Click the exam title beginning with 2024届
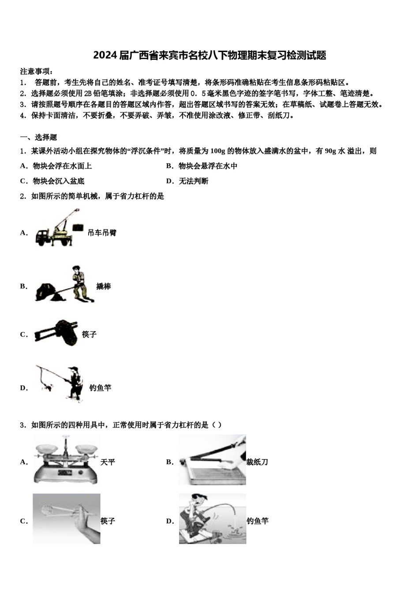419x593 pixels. (x=209, y=55)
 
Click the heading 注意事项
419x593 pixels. (x=37, y=71)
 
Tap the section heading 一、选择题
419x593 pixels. (x=39, y=137)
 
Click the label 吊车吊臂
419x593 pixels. (x=102, y=233)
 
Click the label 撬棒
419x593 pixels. (x=104, y=286)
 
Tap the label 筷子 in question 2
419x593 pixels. (x=89, y=334)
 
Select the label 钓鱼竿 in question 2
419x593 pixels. (x=100, y=388)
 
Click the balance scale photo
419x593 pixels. (x=66, y=459)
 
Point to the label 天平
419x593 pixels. (x=108, y=462)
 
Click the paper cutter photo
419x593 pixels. (x=212, y=459)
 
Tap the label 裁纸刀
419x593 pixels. (x=257, y=462)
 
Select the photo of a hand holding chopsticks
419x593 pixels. (x=66, y=518)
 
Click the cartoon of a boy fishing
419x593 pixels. (x=212, y=518)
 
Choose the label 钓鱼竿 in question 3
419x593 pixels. (x=258, y=521)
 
